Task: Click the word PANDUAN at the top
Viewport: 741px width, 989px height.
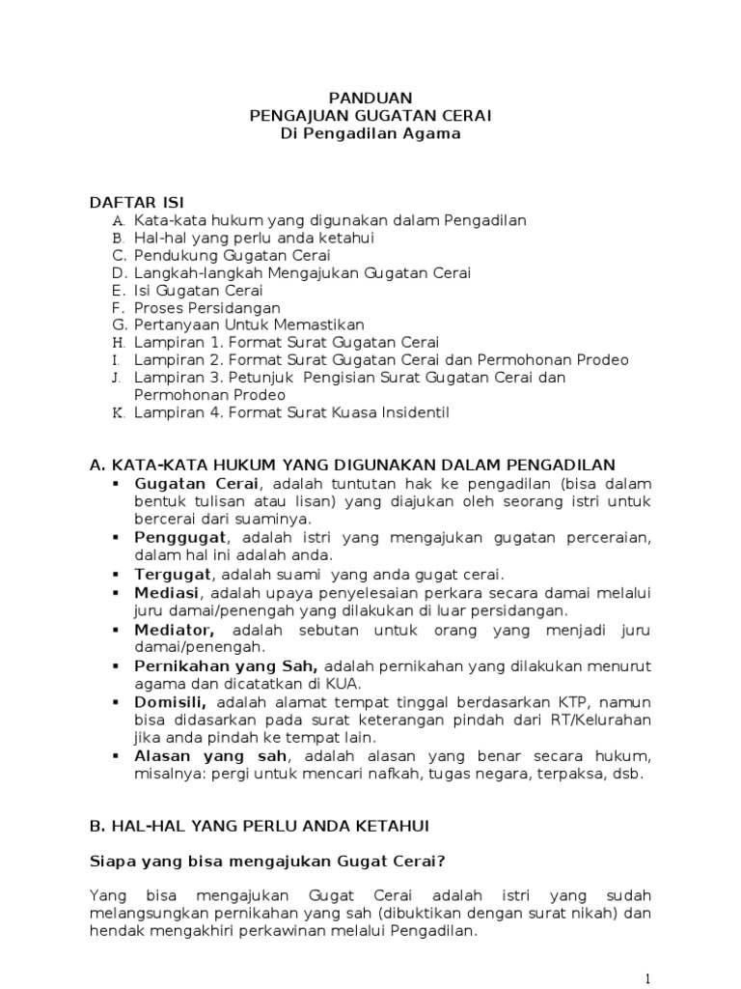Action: tap(370, 98)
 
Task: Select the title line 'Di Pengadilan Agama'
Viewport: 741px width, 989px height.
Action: tap(370, 134)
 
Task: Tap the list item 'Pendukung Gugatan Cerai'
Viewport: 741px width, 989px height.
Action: tap(233, 256)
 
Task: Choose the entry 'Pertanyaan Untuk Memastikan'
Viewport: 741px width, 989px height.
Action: tap(249, 325)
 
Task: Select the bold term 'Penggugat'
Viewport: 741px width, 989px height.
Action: tap(180, 536)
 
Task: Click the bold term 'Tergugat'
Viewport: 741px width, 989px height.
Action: tap(173, 574)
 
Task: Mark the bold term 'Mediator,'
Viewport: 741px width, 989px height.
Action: tap(175, 630)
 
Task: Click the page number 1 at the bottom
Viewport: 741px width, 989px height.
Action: tap(649, 976)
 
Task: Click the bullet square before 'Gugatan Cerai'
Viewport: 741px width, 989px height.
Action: tap(117, 482)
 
